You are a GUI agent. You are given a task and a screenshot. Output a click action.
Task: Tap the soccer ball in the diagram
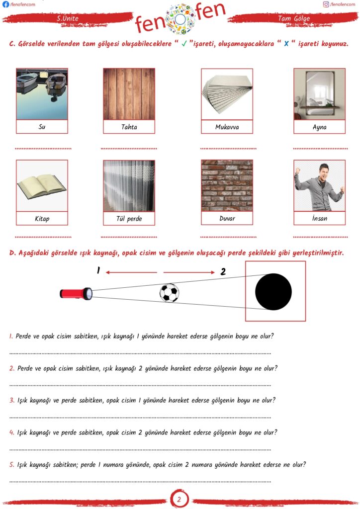[x=169, y=293]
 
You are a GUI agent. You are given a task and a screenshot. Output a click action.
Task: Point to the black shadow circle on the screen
[x=273, y=291]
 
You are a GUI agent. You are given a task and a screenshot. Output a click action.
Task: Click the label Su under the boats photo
[x=42, y=127]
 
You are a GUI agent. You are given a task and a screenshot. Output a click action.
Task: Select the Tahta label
[x=129, y=127]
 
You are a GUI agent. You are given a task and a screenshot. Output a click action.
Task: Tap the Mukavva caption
[x=227, y=127]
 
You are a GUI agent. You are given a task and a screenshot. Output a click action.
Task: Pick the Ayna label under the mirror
[x=319, y=127]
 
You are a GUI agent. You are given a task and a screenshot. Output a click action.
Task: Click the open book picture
[x=42, y=185]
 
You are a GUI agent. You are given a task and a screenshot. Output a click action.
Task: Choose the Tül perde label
[x=129, y=218]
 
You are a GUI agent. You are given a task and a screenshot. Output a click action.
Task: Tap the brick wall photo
[x=227, y=185]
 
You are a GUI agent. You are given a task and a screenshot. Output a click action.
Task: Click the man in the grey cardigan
[x=319, y=185]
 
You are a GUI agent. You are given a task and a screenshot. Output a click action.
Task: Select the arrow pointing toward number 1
[x=131, y=272]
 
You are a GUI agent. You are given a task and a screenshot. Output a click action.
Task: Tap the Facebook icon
[x=5, y=4]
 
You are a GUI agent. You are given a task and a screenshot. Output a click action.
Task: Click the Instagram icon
[x=326, y=4]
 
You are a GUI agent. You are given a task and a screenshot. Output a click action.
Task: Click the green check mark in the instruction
[x=184, y=44]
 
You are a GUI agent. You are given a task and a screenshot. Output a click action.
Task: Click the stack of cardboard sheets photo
[x=227, y=94]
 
